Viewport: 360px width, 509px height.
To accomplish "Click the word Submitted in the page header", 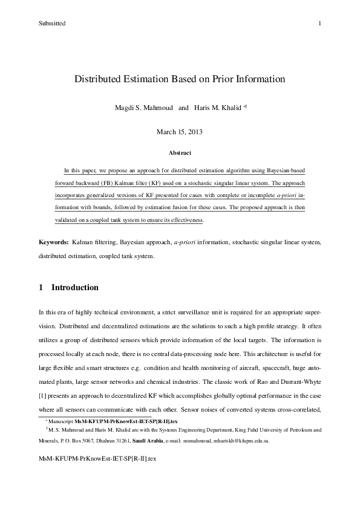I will (x=51, y=23).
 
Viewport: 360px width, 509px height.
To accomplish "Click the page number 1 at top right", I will (x=319, y=23).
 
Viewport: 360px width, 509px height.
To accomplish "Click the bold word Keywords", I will (x=53, y=242).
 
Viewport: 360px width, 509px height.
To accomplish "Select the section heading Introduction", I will (x=75, y=287).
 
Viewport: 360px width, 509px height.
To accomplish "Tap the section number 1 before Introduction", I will (x=41, y=287).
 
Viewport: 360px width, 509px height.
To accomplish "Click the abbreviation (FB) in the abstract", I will (x=93, y=181).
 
